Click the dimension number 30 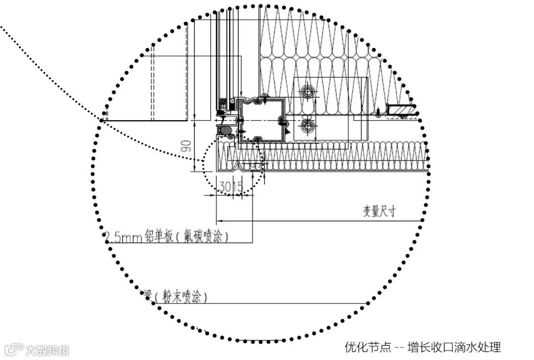225,187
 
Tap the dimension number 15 237,187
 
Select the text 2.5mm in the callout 124,237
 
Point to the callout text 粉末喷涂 180,297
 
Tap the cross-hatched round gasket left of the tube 227,130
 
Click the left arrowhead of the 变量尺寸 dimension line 221,221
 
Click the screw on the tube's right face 282,120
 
